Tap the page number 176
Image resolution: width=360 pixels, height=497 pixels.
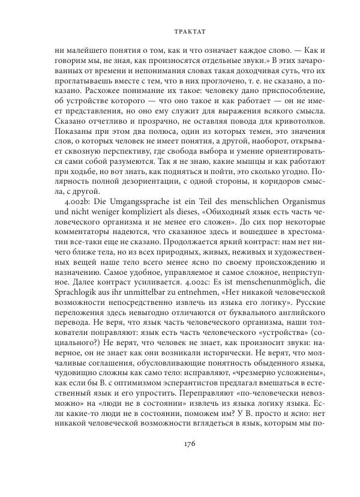pos(181,460)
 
